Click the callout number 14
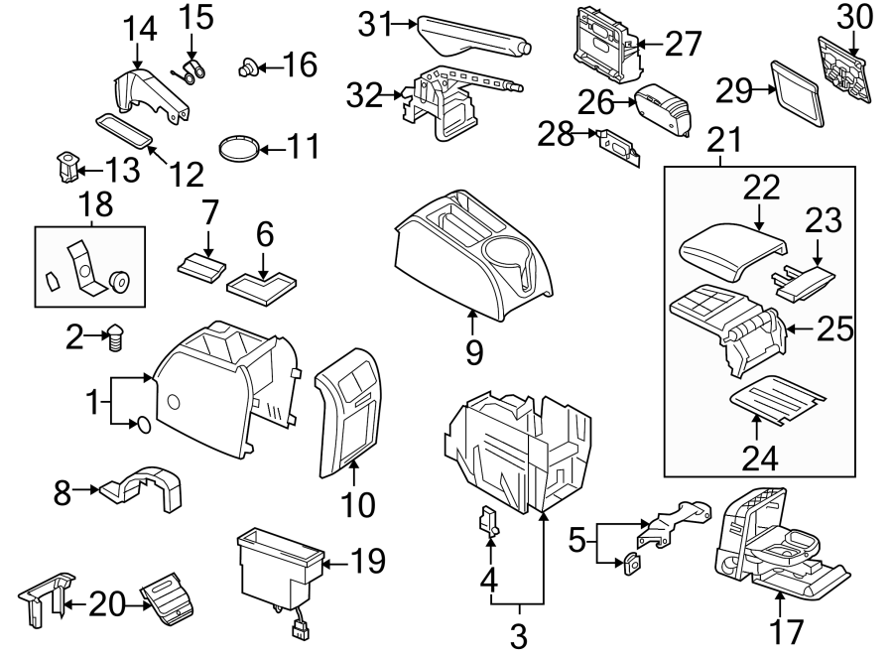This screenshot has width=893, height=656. [140, 30]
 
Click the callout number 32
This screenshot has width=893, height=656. [365, 95]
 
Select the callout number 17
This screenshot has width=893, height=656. [780, 631]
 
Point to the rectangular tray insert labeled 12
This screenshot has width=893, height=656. [123, 129]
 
